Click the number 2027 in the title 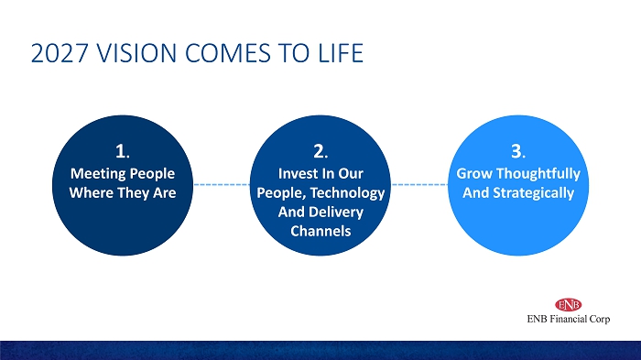point(60,53)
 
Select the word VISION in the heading point(136,53)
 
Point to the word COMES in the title point(228,53)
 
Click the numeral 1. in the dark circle point(123,151)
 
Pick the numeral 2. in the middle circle point(320,151)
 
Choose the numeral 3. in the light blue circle point(518,151)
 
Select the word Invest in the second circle point(296,174)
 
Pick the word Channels point(320,231)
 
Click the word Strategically point(534,193)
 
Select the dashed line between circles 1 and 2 point(222,184)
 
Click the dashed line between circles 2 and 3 point(419,184)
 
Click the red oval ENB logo point(569,305)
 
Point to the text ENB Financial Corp point(569,319)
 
